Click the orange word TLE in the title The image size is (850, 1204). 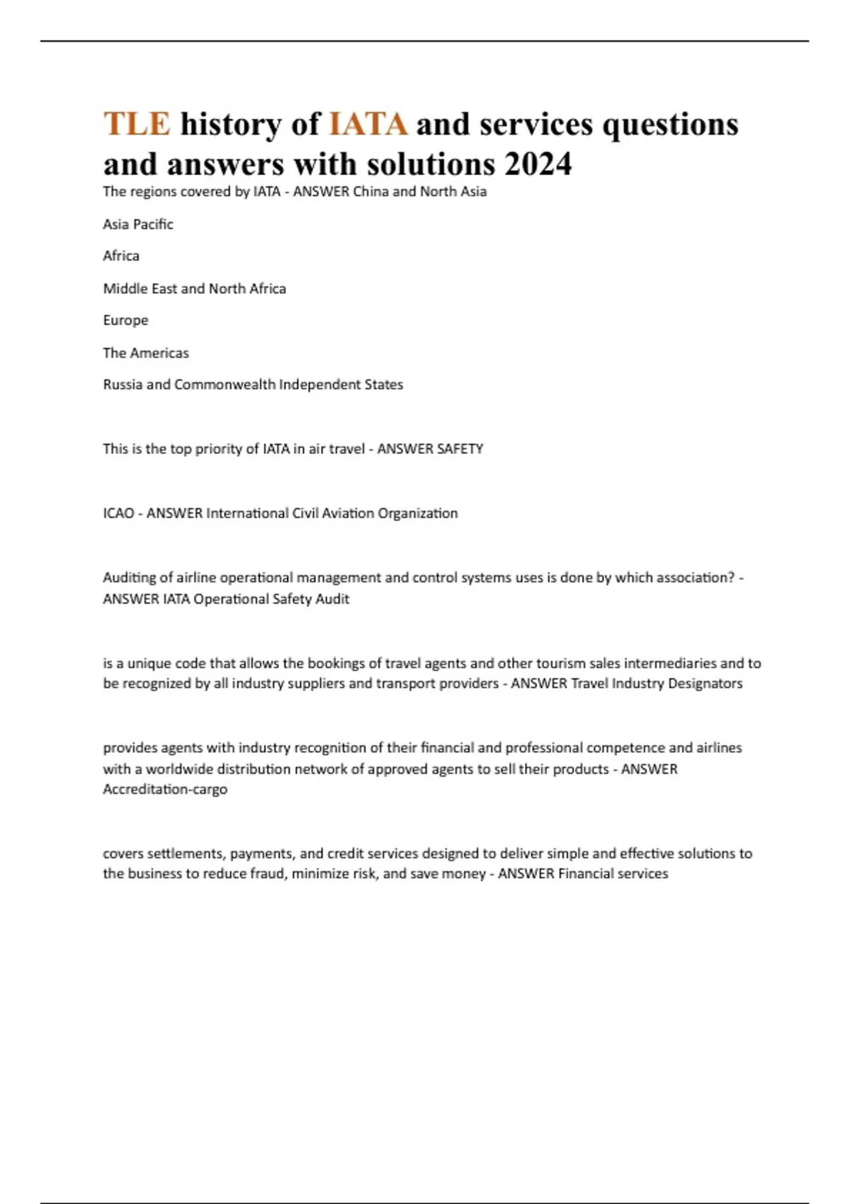tap(137, 124)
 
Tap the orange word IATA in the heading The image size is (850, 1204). tap(368, 124)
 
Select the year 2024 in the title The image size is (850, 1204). tap(538, 164)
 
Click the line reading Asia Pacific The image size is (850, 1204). tap(138, 224)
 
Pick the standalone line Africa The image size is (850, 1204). tap(121, 256)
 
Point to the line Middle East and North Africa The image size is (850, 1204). tap(195, 288)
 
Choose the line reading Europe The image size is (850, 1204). tap(126, 320)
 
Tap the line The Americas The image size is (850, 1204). tap(146, 353)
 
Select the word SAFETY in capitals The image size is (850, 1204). tap(460, 449)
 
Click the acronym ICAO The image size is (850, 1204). tap(118, 513)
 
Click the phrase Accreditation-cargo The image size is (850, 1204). tap(165, 789)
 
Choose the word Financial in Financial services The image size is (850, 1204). tap(585, 874)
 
